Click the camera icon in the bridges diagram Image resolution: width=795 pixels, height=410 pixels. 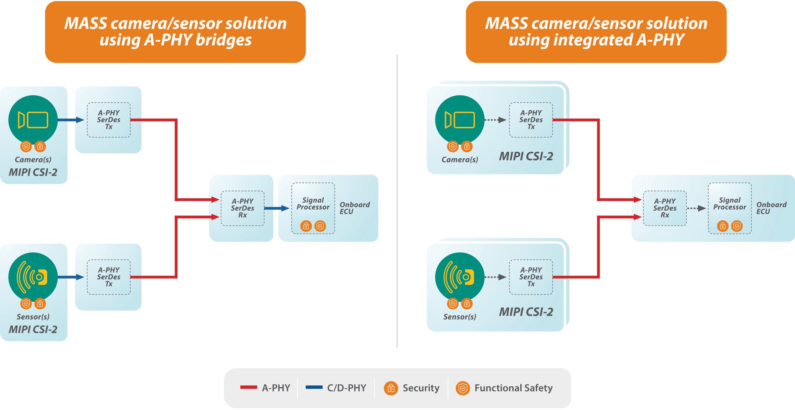pos(33,120)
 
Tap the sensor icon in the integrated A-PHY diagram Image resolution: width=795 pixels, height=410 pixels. pos(459,277)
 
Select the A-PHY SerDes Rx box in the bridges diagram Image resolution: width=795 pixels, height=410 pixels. pos(242,208)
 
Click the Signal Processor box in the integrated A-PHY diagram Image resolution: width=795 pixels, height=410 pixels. pos(729,208)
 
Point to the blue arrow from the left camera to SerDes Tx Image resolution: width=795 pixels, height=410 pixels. pos(70,120)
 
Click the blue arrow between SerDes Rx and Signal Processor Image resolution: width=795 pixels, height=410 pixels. pos(276,208)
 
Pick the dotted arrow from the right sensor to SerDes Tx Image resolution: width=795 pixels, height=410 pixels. pos(495,277)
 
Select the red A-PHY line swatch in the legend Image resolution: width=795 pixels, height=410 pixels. pos(248,387)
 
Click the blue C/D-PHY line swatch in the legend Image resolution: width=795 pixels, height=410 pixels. pos(314,387)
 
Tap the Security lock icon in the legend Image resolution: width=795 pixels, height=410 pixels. pos(391,388)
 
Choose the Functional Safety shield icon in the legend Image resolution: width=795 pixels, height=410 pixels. pos(462,388)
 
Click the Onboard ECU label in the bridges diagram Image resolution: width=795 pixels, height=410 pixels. pos(354,208)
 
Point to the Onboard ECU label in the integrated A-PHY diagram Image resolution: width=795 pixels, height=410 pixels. pos(771,208)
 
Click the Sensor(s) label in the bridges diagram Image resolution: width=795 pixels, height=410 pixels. pos(33,317)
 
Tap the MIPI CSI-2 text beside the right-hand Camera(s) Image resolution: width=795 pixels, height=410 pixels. pos(526,156)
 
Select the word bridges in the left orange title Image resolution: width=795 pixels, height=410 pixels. pos(224,40)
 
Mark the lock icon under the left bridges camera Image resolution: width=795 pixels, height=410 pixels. pos(40,146)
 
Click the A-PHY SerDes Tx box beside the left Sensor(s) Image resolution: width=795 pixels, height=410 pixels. pos(109,277)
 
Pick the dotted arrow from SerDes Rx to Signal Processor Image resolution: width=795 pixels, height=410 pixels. pos(696,208)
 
